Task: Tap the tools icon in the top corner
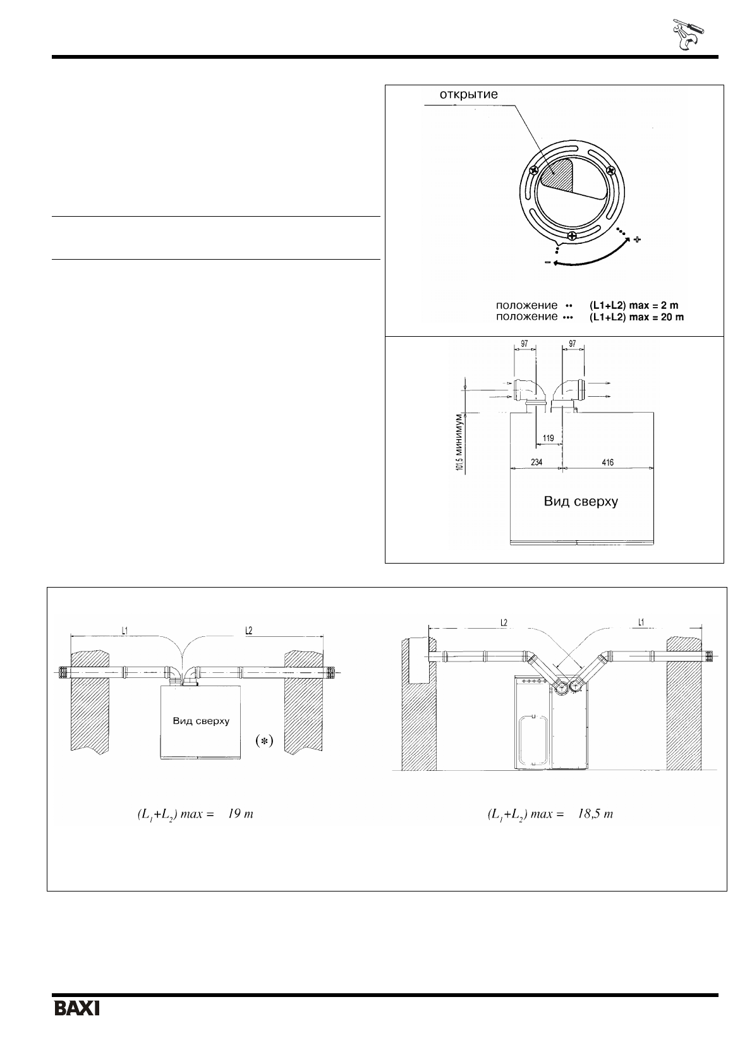click(688, 35)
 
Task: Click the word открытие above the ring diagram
click(468, 94)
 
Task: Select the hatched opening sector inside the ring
click(559, 175)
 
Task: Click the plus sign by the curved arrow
click(637, 239)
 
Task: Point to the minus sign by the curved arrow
click(548, 262)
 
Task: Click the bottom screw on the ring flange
click(573, 236)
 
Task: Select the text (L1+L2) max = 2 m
click(634, 305)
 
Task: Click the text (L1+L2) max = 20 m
click(636, 317)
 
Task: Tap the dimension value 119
click(549, 438)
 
